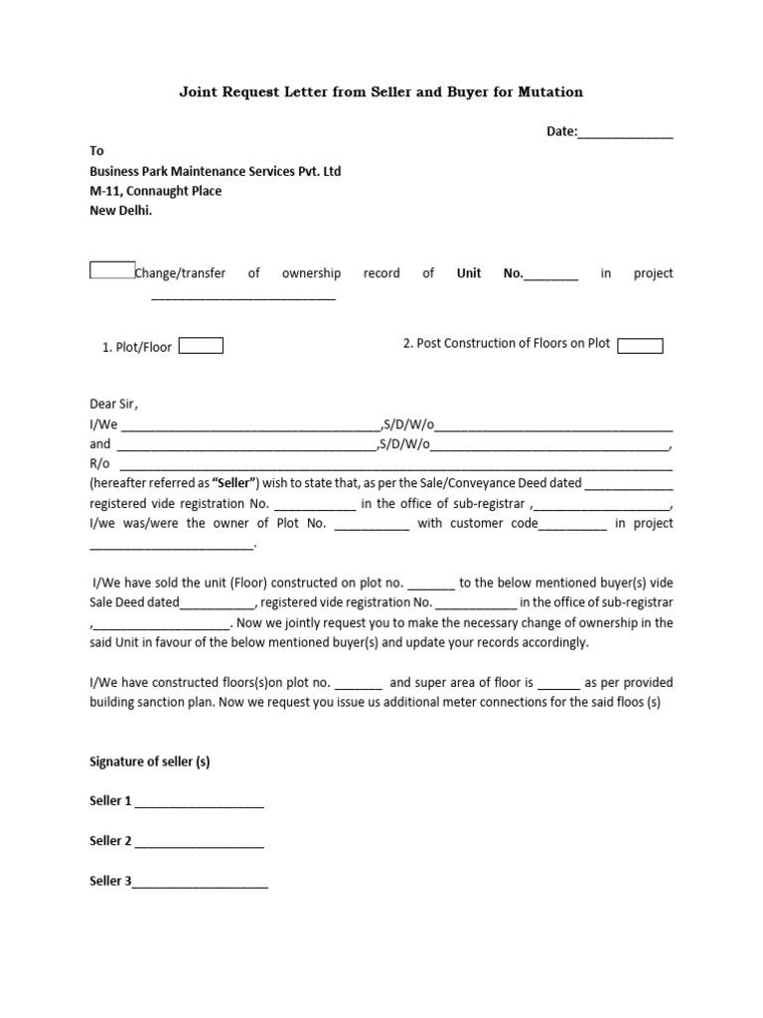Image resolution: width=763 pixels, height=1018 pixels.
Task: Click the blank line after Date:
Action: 625,132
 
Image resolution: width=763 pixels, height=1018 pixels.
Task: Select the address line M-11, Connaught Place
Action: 156,191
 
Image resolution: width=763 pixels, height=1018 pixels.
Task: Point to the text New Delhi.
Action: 122,211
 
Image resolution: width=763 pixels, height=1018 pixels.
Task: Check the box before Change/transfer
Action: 112,271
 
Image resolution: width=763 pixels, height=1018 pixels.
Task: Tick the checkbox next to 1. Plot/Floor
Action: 201,346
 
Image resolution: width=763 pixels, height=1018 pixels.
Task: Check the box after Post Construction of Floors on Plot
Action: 640,345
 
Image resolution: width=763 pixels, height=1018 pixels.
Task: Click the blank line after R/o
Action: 395,465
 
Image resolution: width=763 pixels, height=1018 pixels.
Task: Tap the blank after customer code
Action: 572,525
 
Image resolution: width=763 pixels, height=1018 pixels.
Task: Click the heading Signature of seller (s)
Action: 150,763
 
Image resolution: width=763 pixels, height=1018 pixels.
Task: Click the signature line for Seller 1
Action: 200,802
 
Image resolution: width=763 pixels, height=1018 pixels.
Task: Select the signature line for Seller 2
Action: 200,842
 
